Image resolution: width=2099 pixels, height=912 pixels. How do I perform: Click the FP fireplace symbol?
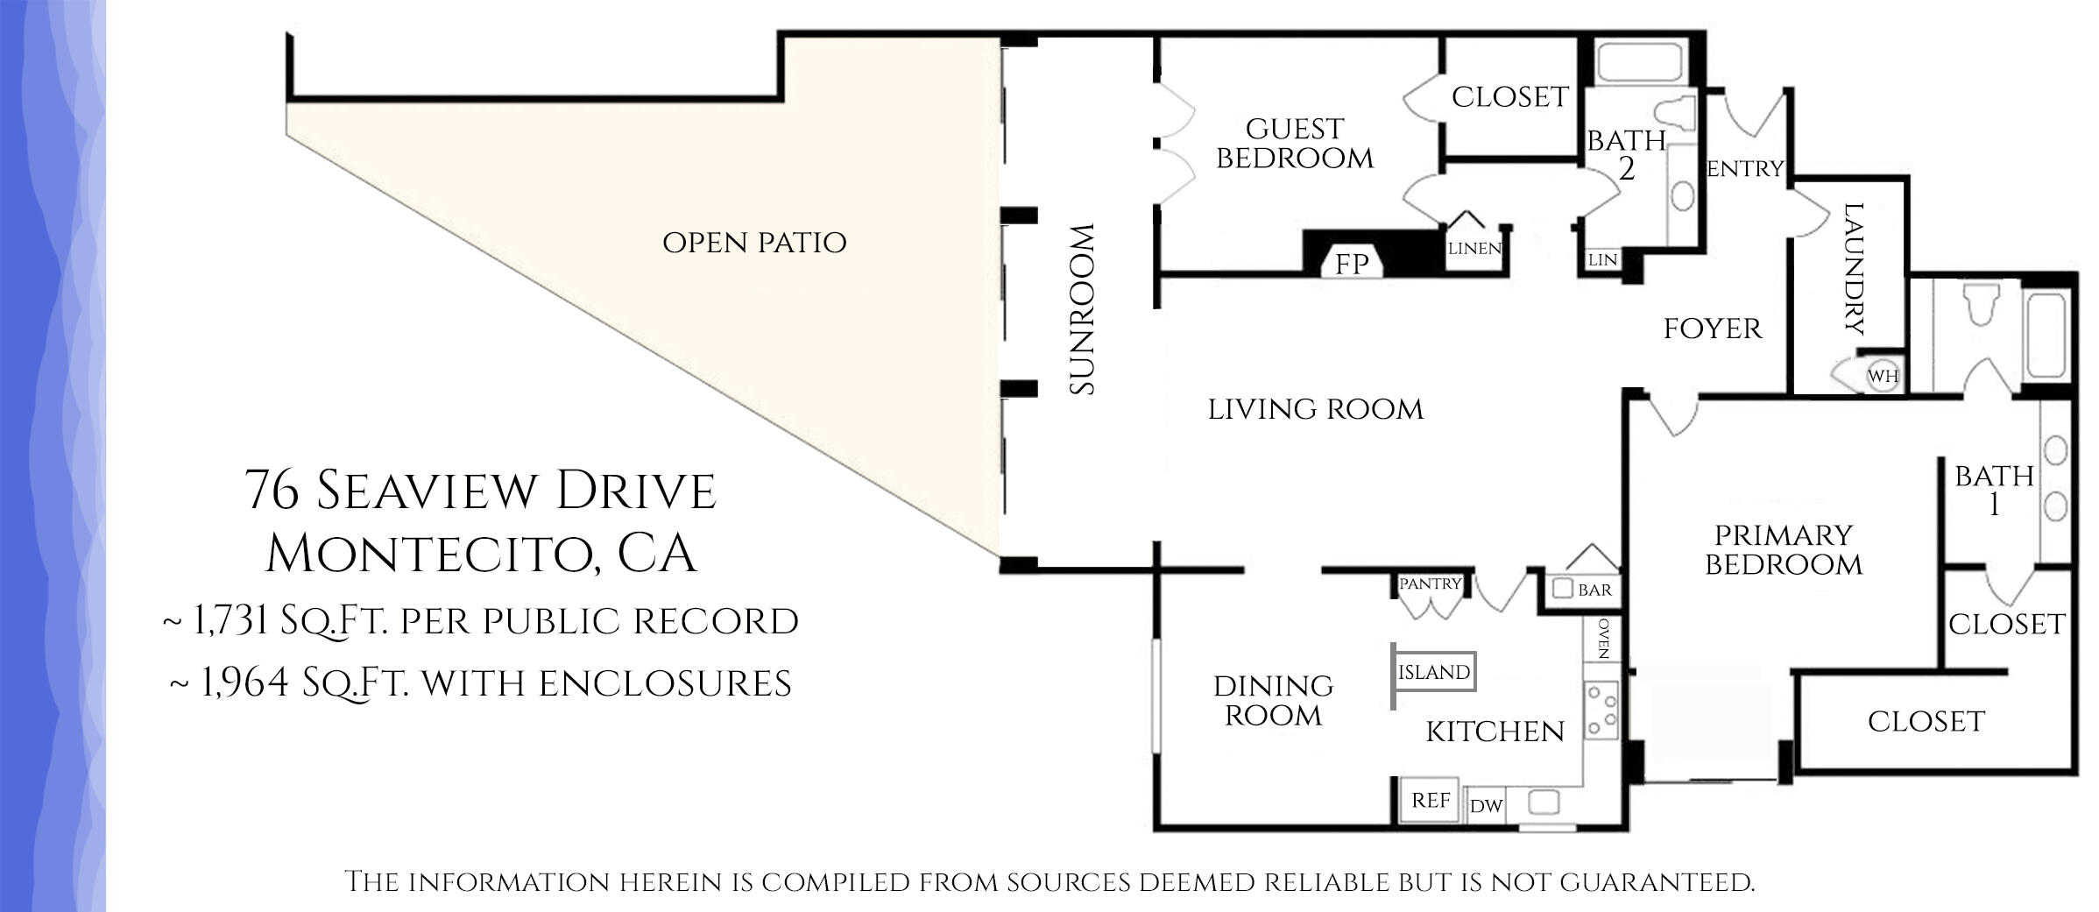[1352, 263]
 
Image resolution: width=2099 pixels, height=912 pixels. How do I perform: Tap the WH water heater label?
[1883, 376]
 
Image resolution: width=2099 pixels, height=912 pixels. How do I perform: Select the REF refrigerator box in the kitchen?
[1430, 800]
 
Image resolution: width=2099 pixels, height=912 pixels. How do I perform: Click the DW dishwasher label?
[1486, 806]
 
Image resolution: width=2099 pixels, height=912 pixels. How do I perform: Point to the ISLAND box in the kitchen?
[1434, 672]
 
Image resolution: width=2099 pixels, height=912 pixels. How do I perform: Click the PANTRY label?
[1430, 583]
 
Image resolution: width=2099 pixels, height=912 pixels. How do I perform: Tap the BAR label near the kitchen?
[1594, 590]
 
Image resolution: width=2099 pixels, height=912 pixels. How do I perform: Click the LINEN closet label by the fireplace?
[1474, 249]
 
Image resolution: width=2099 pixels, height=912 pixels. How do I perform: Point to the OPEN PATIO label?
[754, 243]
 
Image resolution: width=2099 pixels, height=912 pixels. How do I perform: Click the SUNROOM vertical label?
[1083, 309]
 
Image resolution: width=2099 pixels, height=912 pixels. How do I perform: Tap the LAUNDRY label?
[1853, 269]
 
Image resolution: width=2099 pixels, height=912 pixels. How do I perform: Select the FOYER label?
[1712, 329]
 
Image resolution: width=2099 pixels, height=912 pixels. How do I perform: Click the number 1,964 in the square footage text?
[245, 683]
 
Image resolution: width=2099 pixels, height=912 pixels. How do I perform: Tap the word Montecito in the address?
[430, 554]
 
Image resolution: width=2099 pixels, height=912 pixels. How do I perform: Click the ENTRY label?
[1745, 169]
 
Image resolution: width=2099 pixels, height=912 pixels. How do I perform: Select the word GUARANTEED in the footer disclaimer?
[1656, 881]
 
